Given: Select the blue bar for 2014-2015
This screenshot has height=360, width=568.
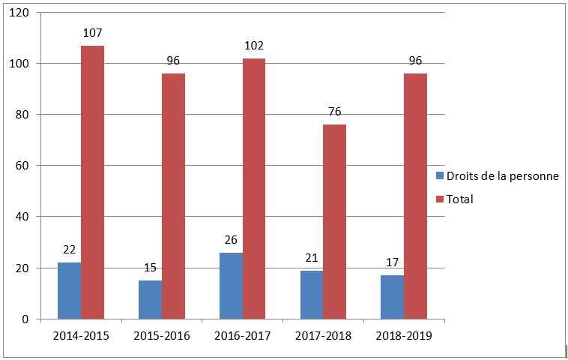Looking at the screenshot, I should [x=69, y=291].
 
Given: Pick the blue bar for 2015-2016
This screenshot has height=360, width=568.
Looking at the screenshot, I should [x=150, y=300].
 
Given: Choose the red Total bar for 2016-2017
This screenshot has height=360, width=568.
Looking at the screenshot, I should [x=254, y=189].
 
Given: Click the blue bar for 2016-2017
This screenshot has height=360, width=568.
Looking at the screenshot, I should [x=231, y=286].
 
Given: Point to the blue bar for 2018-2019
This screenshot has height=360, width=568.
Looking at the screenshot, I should [x=392, y=297].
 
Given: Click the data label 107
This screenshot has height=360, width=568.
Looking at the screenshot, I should [x=93, y=33].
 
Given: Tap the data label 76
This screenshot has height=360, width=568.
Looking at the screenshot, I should [x=334, y=112].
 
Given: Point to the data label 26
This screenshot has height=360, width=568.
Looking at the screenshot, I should [x=231, y=240].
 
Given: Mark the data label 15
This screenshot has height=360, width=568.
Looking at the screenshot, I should [x=150, y=268].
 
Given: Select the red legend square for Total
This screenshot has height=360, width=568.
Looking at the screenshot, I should [x=439, y=199].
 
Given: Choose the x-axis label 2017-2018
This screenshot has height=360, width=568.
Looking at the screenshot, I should [x=323, y=336].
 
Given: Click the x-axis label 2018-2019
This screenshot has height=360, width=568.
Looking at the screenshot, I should [x=404, y=336].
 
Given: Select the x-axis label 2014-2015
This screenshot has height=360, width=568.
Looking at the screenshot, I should [x=81, y=336].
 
